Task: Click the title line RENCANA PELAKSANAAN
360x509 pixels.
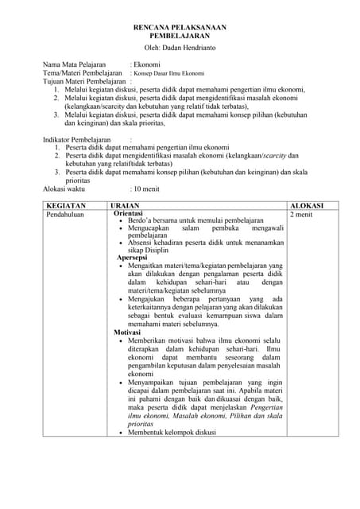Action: (x=180, y=27)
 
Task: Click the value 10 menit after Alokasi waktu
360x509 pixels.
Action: (x=148, y=189)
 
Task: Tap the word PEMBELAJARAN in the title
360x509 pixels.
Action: (x=180, y=37)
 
